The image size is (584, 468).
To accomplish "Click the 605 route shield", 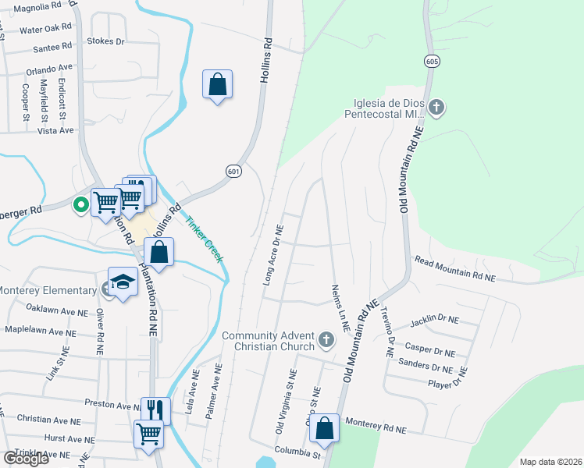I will (432, 61).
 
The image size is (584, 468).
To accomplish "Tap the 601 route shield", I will (233, 171).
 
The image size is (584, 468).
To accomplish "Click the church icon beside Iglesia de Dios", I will (436, 107).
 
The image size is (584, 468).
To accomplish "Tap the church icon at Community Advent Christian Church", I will (326, 341).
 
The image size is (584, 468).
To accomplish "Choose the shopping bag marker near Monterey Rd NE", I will (324, 429).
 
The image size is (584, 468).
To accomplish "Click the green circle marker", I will (80, 205).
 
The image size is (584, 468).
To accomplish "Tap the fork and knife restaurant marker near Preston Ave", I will (155, 410).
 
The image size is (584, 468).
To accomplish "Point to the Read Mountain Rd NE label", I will (454, 268).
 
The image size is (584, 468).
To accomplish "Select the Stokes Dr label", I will (106, 41).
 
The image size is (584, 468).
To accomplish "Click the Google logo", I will (26, 458).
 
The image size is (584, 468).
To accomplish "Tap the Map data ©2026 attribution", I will (550, 462).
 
